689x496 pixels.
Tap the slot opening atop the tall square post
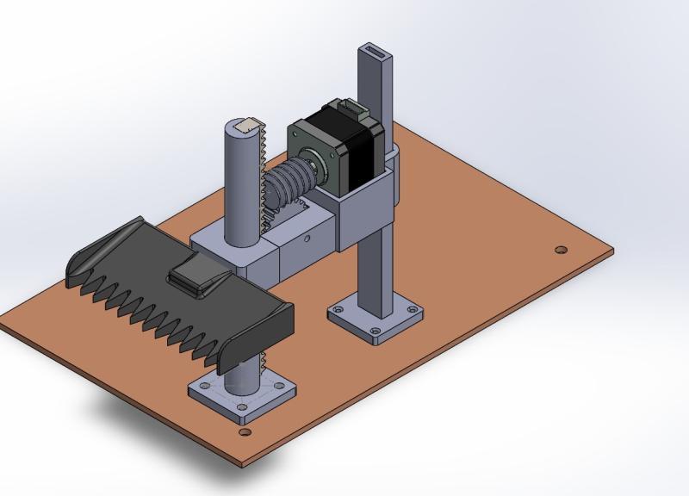click(376, 51)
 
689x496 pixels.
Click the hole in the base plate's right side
click(561, 250)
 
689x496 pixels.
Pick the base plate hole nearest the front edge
click(245, 432)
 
